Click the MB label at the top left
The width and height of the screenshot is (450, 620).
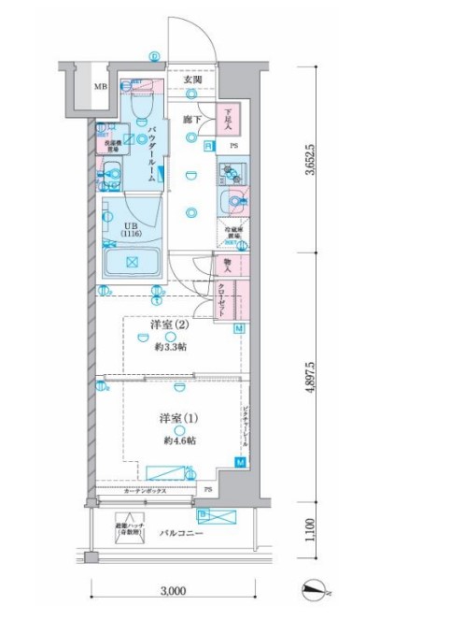coord(100,90)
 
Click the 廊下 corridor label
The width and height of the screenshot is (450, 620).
coord(192,121)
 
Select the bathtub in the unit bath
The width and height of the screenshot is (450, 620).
coord(130,261)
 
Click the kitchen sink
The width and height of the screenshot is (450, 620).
coord(231,200)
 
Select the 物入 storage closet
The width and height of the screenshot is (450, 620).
coord(229,265)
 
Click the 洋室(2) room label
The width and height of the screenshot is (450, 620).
coord(169,325)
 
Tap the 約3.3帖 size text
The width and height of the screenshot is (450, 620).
coord(169,346)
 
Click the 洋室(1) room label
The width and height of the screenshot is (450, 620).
coord(169,418)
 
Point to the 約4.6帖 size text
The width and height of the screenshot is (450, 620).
coord(169,440)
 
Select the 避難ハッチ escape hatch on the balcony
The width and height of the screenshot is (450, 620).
coord(128,529)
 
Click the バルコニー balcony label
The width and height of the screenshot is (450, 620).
coord(178,531)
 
